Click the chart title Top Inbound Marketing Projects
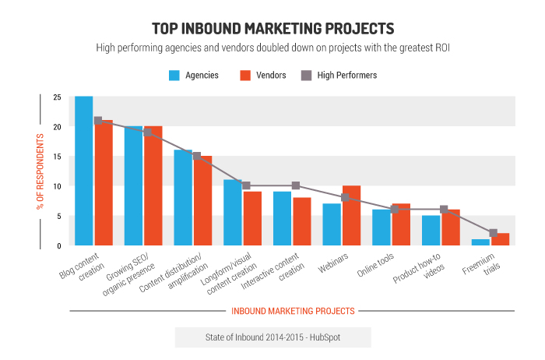[x=272, y=29]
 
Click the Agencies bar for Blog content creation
[x=83, y=171]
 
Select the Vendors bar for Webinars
[x=351, y=216]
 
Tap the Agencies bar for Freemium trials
[x=480, y=242]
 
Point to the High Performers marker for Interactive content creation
[x=295, y=185]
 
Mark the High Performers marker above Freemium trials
[x=493, y=233]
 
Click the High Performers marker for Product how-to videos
[x=444, y=210]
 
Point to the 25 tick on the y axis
[x=57, y=97]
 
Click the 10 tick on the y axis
[x=57, y=186]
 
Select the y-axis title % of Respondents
[x=39, y=171]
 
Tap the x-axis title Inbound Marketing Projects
[x=293, y=311]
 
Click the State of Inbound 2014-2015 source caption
[x=272, y=337]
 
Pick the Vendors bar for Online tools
[x=401, y=224]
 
